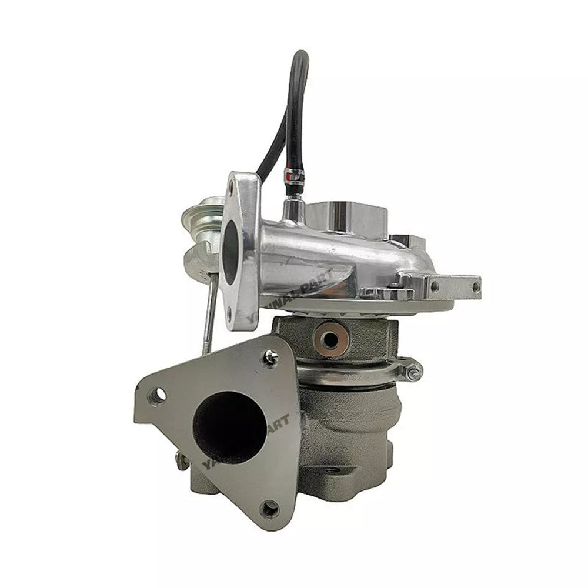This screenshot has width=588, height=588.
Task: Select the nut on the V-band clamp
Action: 413,370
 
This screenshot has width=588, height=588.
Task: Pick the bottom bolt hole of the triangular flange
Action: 271,508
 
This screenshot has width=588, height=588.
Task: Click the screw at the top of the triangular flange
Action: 271,356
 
